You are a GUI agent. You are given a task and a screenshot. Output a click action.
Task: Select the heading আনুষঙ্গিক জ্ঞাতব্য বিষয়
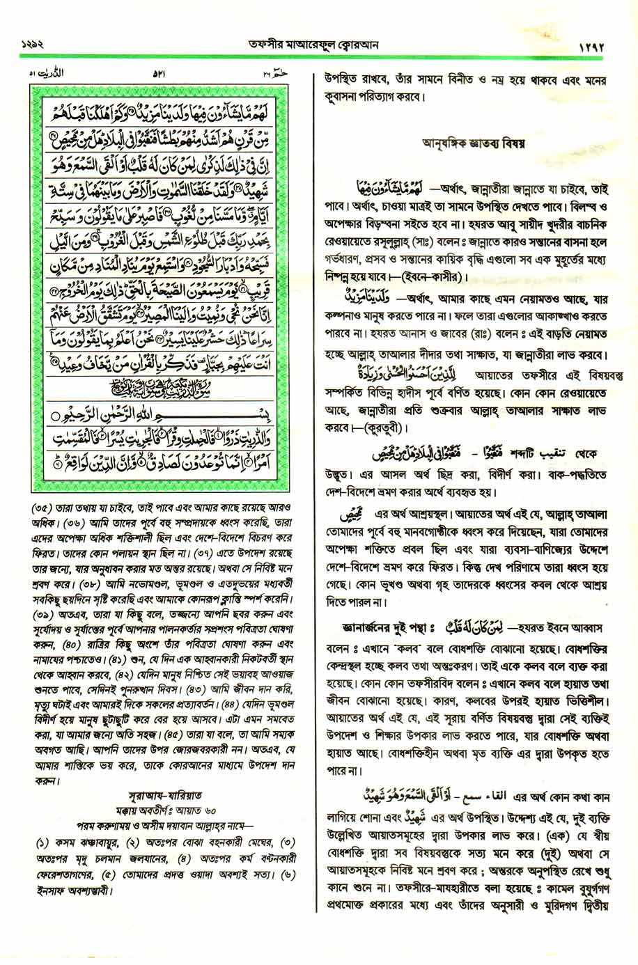(474, 143)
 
